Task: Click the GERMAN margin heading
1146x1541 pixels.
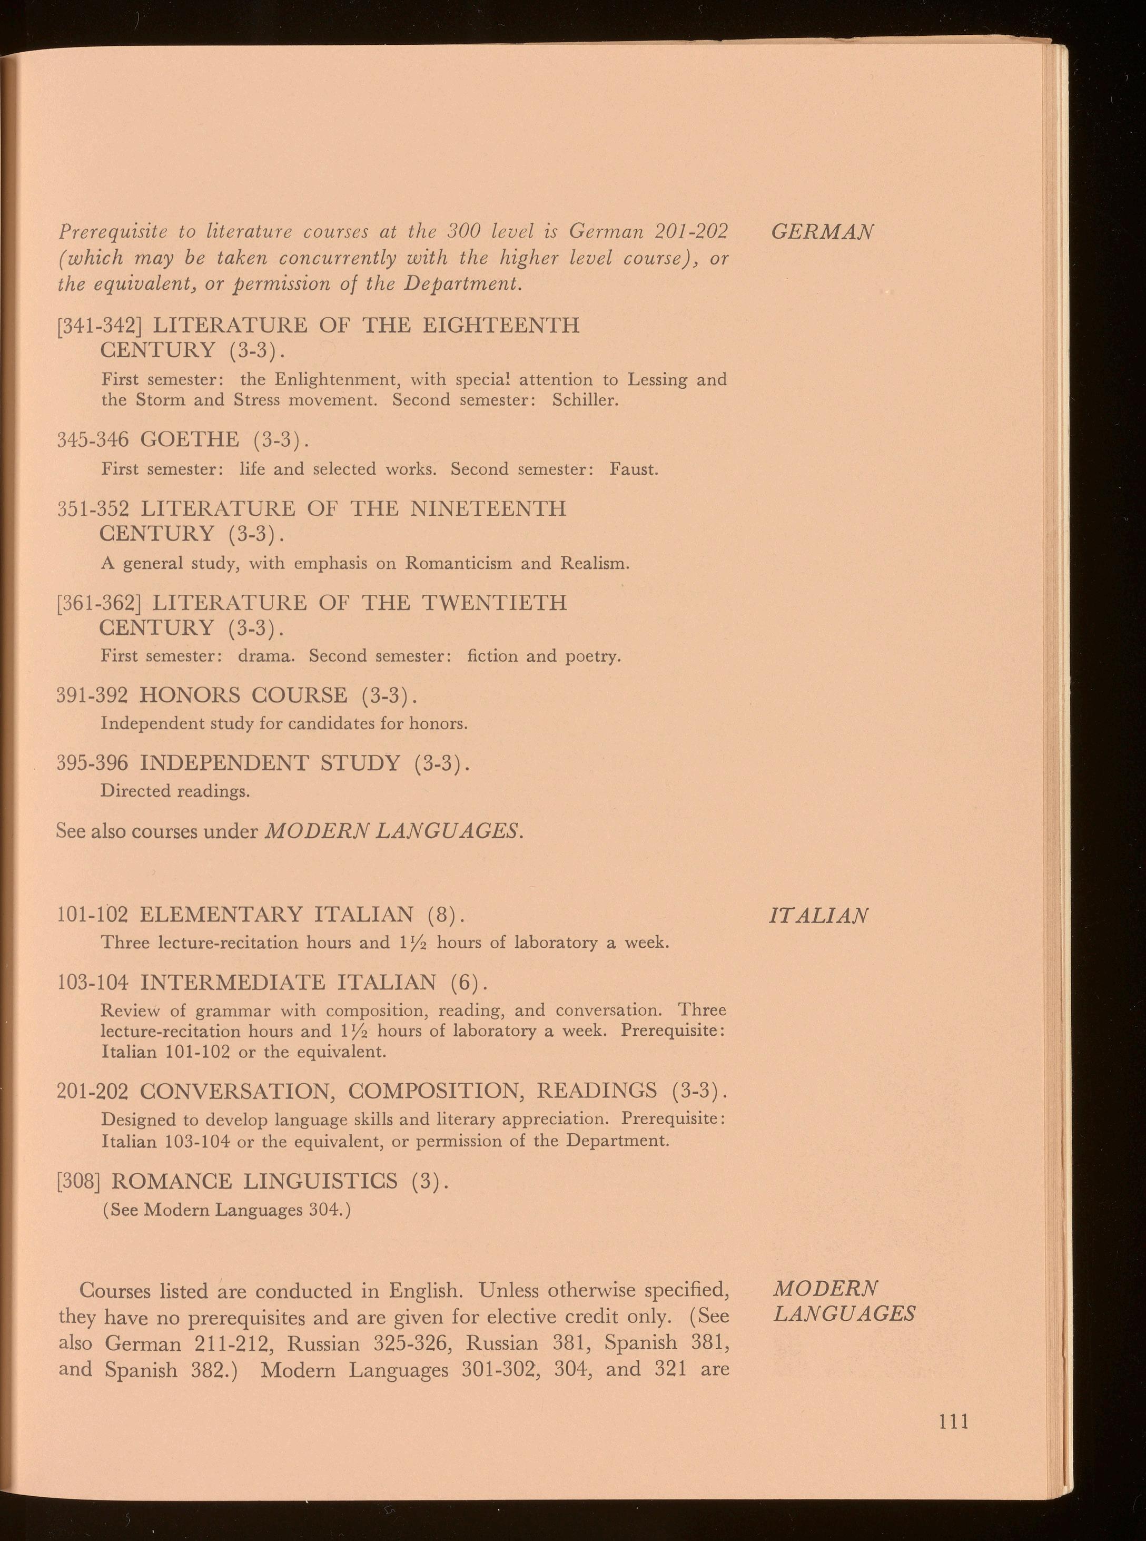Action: click(x=822, y=231)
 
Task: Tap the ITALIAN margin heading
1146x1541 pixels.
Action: click(x=818, y=916)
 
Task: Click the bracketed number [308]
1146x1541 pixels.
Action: click(x=79, y=1180)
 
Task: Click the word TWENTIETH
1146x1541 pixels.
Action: click(x=494, y=602)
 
